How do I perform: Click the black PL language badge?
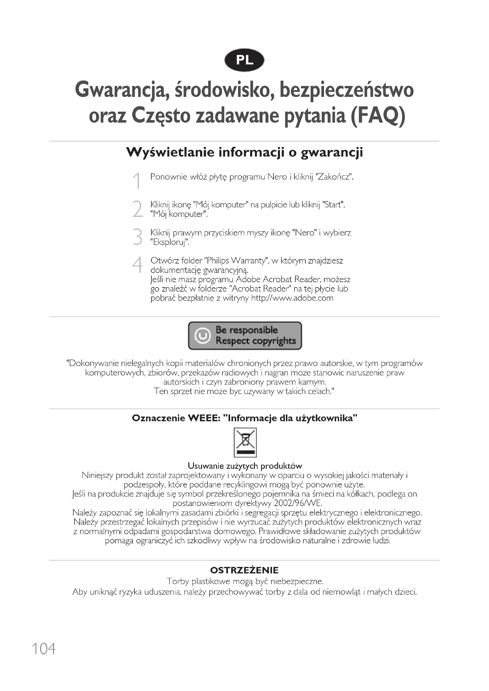[244, 60]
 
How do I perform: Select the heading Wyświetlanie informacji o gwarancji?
[244, 152]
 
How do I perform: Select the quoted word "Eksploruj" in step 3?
[169, 242]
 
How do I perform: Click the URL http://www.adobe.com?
[292, 298]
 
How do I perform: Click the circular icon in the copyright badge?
[202, 336]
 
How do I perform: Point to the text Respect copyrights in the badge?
[256, 341]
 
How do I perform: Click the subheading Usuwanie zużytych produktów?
[244, 466]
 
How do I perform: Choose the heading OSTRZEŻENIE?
[244, 570]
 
